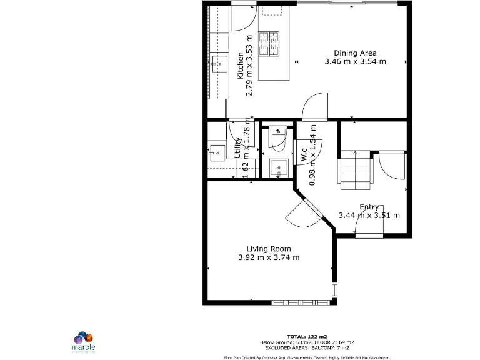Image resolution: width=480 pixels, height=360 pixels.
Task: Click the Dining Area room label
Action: [x=355, y=52]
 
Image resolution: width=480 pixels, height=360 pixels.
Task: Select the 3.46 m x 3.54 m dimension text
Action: [x=355, y=61]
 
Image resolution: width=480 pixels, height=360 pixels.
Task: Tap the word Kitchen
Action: [x=241, y=66]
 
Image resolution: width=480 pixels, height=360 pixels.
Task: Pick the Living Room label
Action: [x=269, y=249]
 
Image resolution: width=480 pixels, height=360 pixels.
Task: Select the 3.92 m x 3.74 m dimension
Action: [x=269, y=257]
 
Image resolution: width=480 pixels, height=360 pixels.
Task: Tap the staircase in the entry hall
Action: [x=354, y=172]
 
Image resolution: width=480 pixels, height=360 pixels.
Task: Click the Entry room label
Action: [x=369, y=207]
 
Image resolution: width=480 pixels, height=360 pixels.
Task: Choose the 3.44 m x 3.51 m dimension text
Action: [x=369, y=216]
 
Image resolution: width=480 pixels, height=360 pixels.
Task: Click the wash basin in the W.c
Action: [x=277, y=167]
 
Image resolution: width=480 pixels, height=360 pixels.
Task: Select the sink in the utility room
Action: [x=217, y=151]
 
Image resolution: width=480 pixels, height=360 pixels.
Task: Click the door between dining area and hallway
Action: [x=314, y=107]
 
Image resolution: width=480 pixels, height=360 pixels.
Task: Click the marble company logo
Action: [x=84, y=340]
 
